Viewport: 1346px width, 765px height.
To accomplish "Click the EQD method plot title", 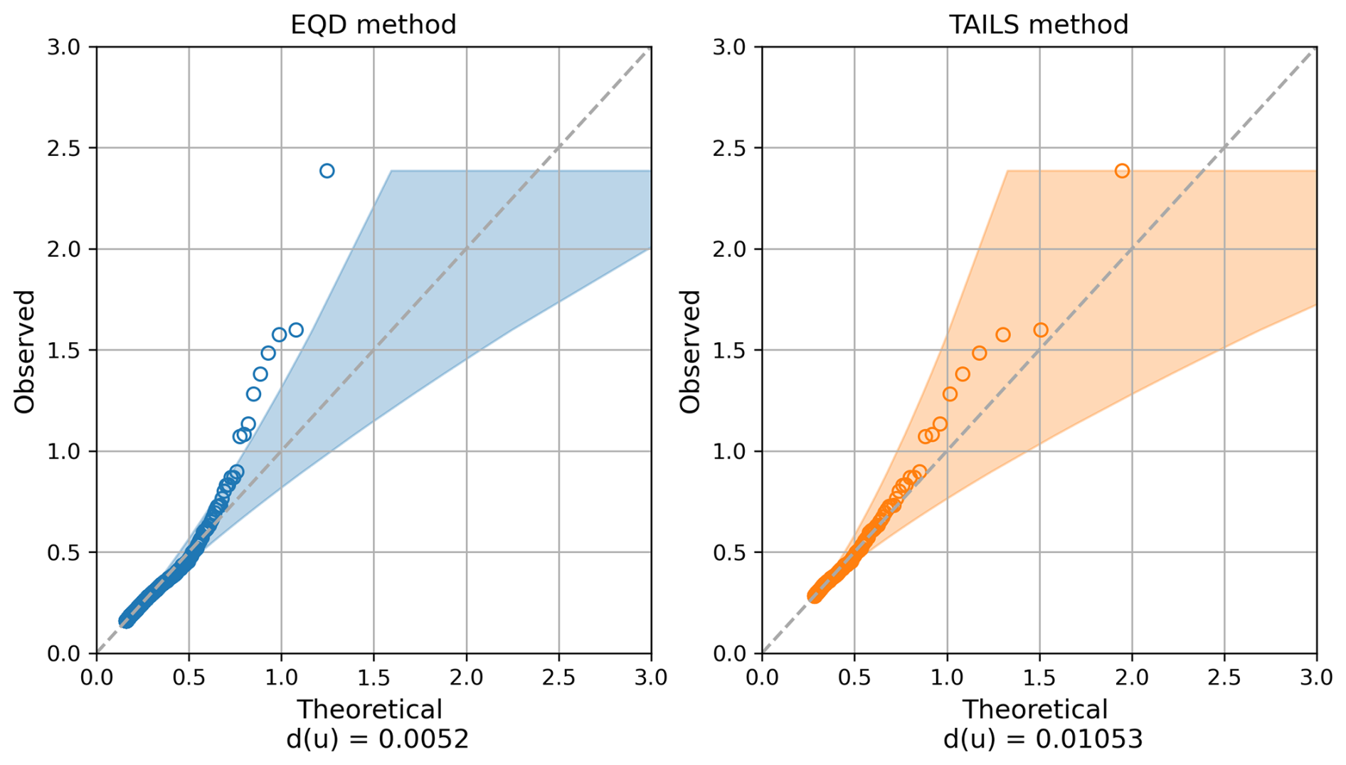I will pyautogui.click(x=373, y=25).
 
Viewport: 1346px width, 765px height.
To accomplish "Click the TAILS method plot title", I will pyautogui.click(x=1038, y=25).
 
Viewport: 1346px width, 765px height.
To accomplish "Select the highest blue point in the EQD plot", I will pyautogui.click(x=327, y=171).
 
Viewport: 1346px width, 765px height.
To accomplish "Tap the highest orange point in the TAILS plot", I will pyautogui.click(x=1122, y=171).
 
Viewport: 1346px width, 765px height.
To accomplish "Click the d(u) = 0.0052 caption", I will pyautogui.click(x=377, y=739).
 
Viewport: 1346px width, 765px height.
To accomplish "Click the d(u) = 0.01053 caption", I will pyautogui.click(x=1042, y=739).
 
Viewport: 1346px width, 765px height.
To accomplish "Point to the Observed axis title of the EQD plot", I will pyautogui.click(x=25, y=351).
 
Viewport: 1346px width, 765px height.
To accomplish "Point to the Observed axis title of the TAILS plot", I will pyautogui.click(x=690, y=351).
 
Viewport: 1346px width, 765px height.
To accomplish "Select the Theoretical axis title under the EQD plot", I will pyautogui.click(x=369, y=709).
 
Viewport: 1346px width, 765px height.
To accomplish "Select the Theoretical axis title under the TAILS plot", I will pyautogui.click(x=1035, y=709).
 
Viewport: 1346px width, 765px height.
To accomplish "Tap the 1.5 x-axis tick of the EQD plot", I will pyautogui.click(x=373, y=677).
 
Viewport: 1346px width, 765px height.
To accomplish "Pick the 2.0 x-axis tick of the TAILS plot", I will pyautogui.click(x=1132, y=677).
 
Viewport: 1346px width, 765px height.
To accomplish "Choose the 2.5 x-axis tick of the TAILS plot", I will pyautogui.click(x=1224, y=677).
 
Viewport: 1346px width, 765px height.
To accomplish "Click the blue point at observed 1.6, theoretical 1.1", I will pyautogui.click(x=296, y=330).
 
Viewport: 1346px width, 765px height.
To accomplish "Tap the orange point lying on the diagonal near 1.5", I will pyautogui.click(x=1041, y=330).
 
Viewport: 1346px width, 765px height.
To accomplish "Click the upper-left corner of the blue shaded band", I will pyautogui.click(x=391, y=172).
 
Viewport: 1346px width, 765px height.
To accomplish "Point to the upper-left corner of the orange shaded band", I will pyautogui.click(x=1008, y=172).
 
